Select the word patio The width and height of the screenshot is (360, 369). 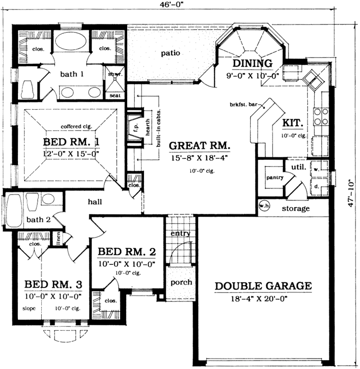point(170,53)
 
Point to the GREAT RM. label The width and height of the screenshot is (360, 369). point(200,146)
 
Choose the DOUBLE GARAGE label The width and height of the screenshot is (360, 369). point(263,286)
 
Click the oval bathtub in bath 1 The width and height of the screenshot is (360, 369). point(70,42)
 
